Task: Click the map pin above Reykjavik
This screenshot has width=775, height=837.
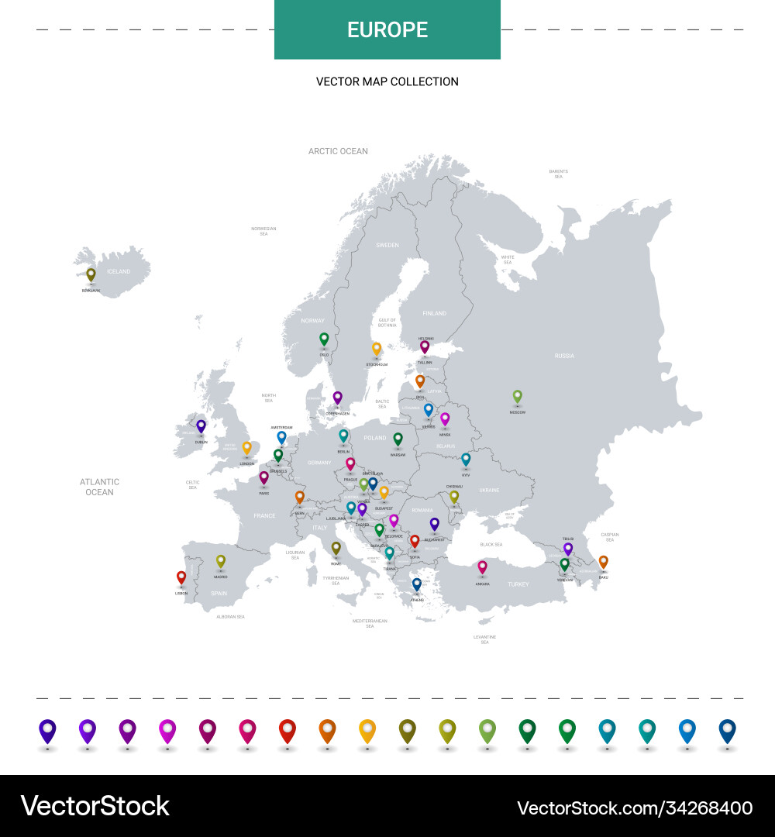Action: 91,274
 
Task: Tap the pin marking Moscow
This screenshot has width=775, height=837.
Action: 518,397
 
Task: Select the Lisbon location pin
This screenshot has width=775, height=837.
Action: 181,577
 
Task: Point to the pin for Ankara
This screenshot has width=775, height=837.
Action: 482,567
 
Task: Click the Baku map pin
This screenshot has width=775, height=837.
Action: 603,562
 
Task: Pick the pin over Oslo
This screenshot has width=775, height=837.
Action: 324,339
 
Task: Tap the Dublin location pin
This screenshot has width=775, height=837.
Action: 201,426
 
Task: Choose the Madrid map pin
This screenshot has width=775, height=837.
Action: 220,561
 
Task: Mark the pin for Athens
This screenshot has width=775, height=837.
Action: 417,584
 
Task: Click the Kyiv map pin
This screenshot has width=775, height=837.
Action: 466,460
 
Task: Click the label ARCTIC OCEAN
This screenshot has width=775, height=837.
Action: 338,151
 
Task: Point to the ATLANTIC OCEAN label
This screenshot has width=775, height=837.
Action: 99,487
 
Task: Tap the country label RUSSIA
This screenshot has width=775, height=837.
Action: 564,356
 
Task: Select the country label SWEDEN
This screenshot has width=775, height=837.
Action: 387,245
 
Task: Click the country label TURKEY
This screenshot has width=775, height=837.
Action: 518,584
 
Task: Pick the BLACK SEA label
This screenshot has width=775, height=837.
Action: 491,545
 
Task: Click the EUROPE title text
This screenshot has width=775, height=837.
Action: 387,29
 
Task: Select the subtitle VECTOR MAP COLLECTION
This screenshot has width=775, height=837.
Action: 387,81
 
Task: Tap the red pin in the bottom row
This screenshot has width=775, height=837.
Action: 288,730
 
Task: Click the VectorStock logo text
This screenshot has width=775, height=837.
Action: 95,806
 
